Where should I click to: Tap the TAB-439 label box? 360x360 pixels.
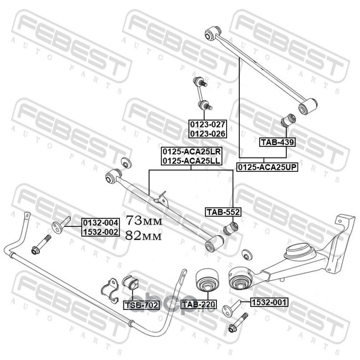coord(277,143)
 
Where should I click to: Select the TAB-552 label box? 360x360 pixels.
coord(223,212)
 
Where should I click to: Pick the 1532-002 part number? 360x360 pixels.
coord(100,232)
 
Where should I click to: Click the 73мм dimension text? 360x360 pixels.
coord(143,220)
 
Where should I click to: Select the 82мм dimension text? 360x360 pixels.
coord(143,234)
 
